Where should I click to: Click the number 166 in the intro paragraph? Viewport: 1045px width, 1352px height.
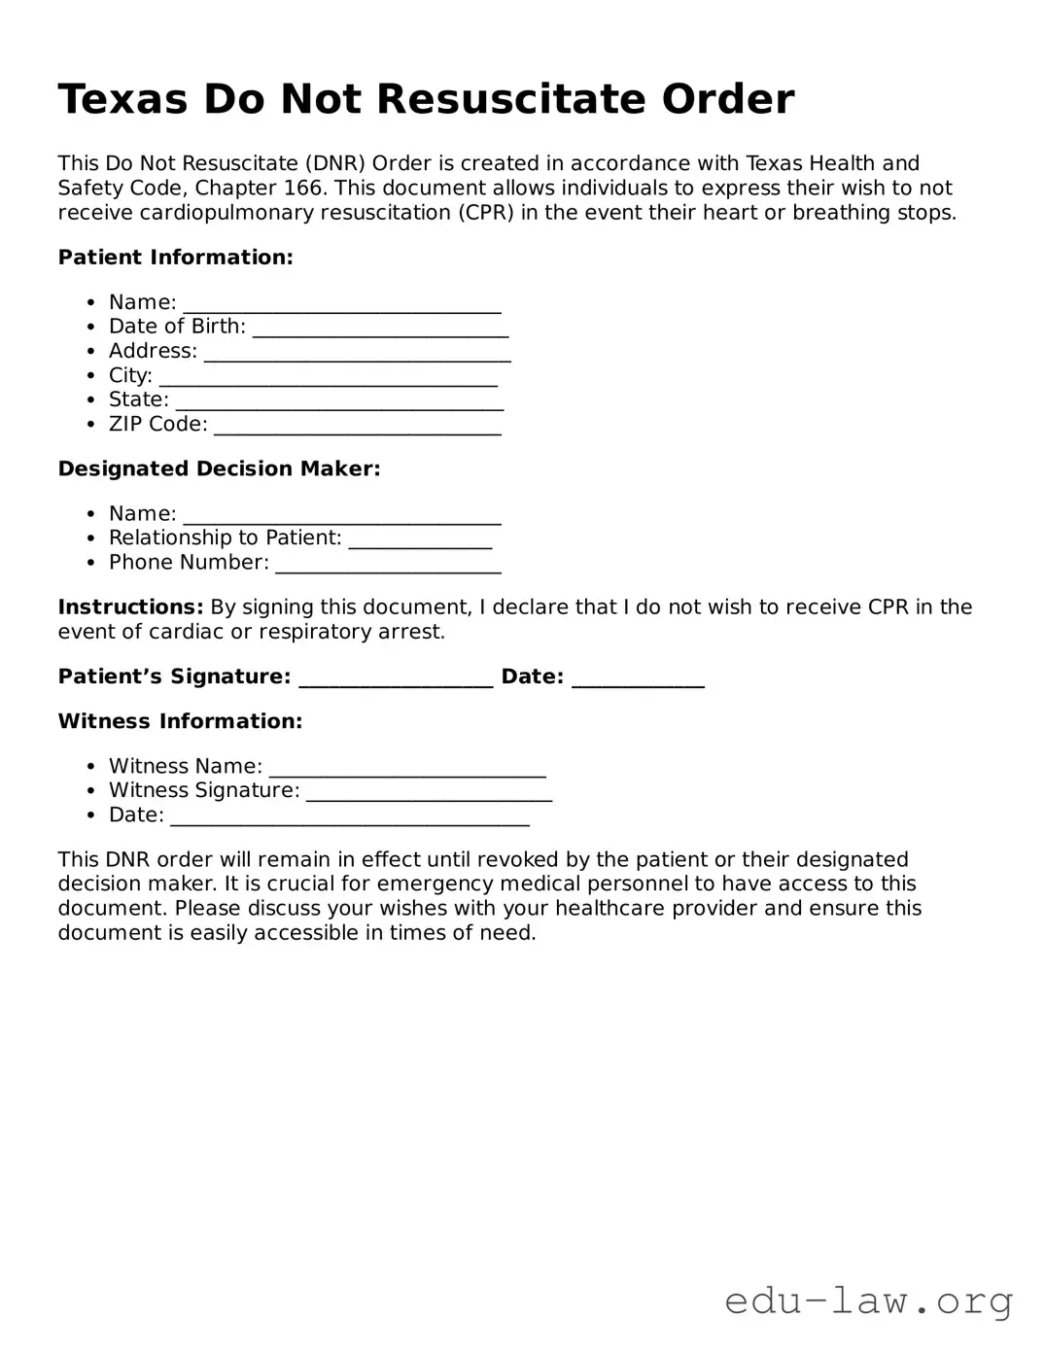coord(303,188)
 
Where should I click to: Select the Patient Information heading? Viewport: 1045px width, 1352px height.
coord(175,258)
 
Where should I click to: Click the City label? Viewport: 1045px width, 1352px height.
coord(130,375)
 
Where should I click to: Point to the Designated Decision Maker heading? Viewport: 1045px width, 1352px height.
coord(219,468)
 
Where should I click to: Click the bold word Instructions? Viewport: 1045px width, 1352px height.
coord(130,607)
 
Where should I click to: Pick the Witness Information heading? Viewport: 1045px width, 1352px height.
coord(180,721)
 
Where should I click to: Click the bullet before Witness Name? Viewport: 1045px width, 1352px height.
coord(90,767)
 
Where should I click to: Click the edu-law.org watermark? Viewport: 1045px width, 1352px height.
coord(868,1300)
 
